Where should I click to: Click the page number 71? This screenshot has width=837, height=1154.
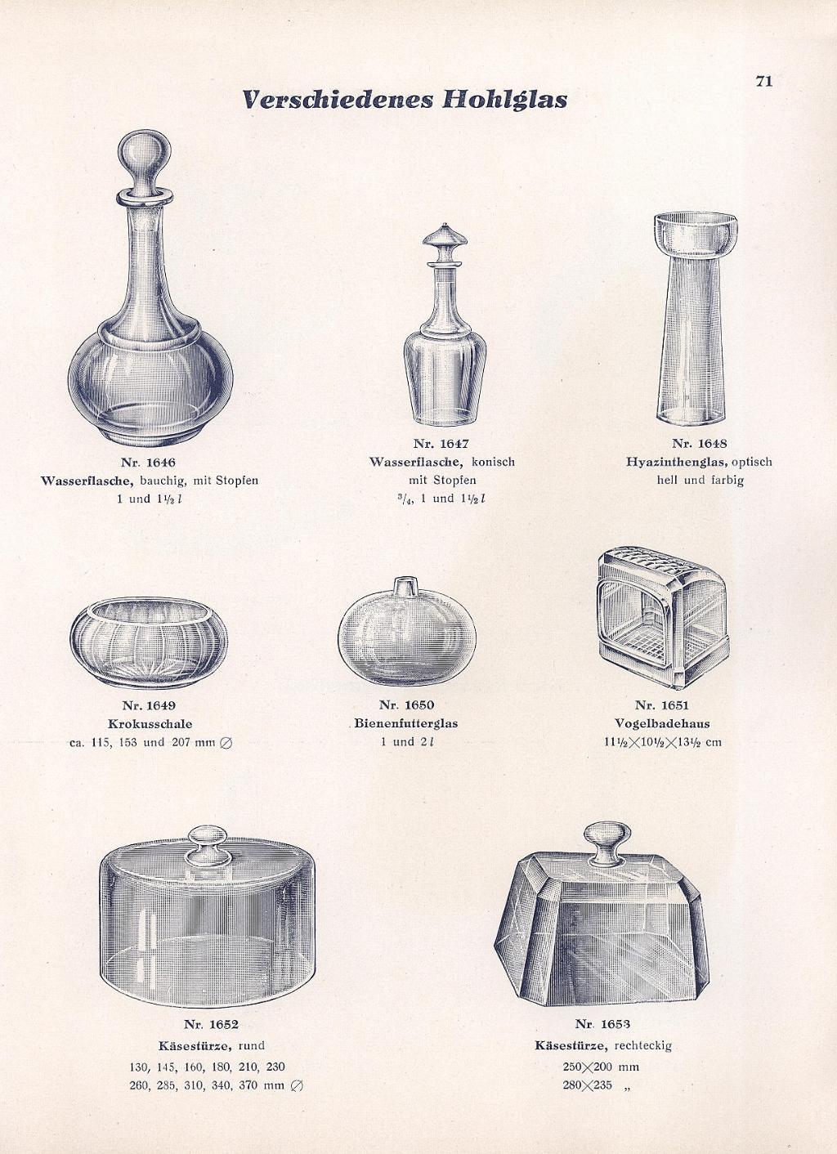[x=764, y=82]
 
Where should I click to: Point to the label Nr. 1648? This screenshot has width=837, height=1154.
[x=700, y=443]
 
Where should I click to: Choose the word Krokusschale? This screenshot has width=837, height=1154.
[x=150, y=724]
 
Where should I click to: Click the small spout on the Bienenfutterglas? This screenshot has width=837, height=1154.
[x=405, y=587]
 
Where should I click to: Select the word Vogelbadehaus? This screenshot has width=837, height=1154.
[x=662, y=723]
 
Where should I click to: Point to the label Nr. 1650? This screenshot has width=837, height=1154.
[x=406, y=704]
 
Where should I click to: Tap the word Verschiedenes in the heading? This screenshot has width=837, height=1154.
[x=338, y=100]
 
